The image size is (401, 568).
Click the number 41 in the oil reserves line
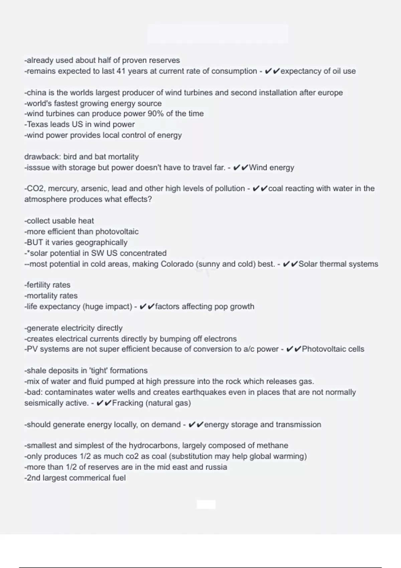(121, 71)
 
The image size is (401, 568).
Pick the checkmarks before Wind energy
(240, 167)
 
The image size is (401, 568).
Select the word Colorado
(177, 264)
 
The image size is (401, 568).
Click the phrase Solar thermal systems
(338, 264)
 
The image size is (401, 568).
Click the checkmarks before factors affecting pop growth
(147, 306)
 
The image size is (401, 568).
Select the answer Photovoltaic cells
(333, 349)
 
